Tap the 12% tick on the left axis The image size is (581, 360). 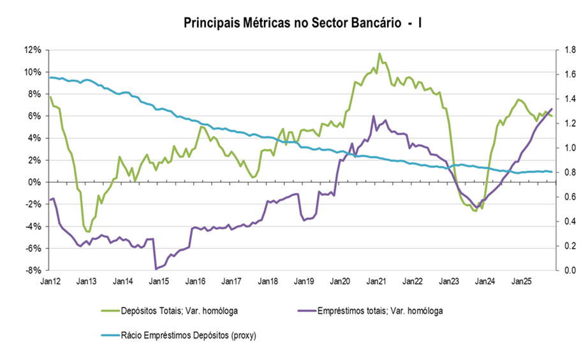34,50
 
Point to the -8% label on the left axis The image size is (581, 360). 34,270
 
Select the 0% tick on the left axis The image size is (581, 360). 36,182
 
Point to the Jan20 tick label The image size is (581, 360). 339,281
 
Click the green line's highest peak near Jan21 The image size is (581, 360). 379,54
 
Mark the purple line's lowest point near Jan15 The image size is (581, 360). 156,269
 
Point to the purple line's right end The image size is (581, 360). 552,109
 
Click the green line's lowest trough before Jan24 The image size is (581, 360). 476,211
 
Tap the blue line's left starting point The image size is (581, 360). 49,77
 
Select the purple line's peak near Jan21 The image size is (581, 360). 374,116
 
